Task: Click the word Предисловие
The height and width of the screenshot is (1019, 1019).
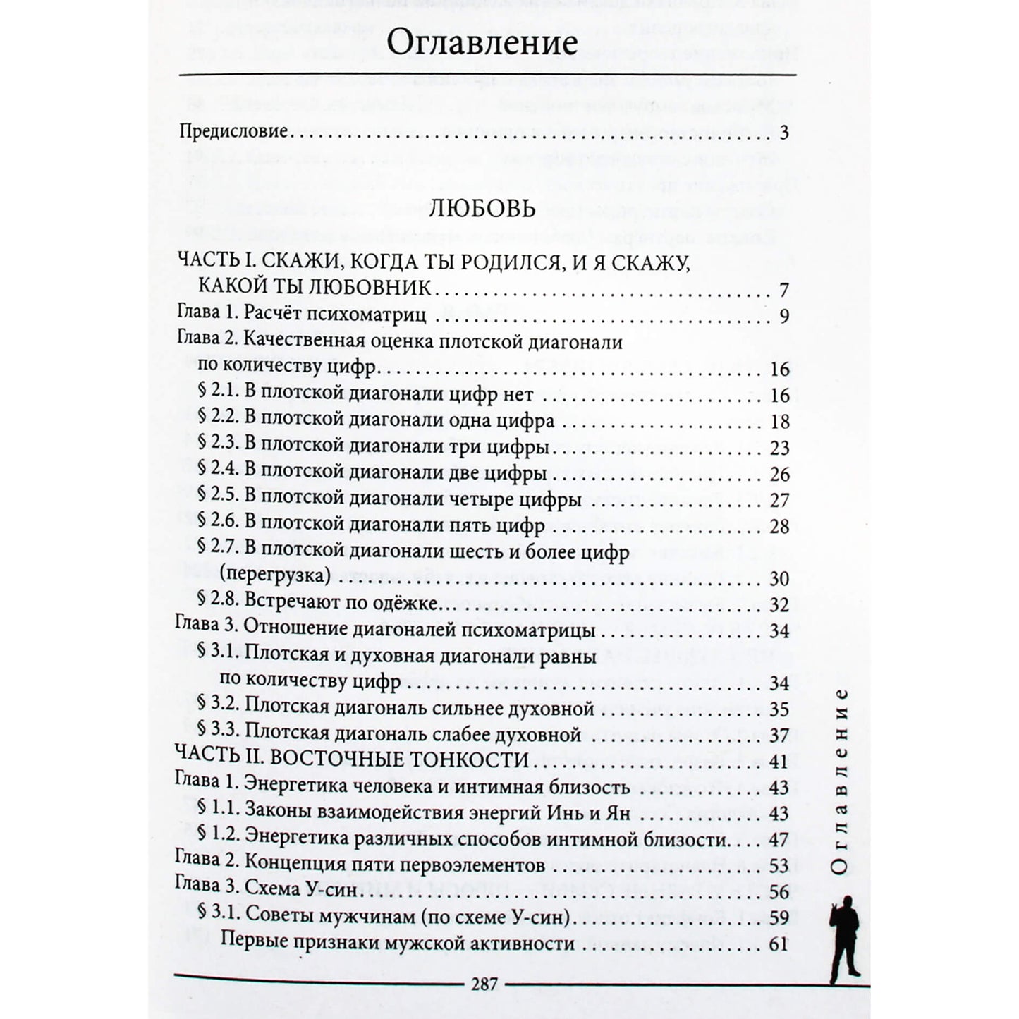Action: pos(233,131)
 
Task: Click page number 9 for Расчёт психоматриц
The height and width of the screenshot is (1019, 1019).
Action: pos(783,317)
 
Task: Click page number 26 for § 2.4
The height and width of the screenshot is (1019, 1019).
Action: pos(779,474)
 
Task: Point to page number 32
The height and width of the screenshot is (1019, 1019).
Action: pos(779,605)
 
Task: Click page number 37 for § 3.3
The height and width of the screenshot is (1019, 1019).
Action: pos(779,736)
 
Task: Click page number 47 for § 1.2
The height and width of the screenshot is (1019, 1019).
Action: pos(779,840)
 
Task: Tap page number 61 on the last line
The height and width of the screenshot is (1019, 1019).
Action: pos(779,944)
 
